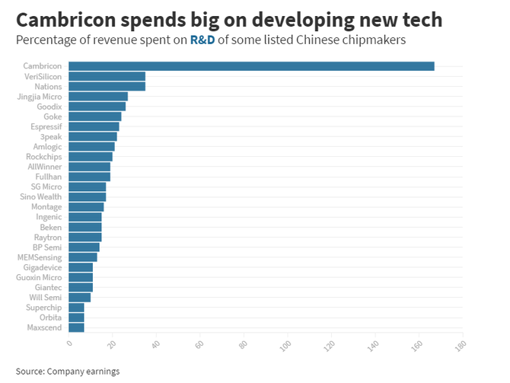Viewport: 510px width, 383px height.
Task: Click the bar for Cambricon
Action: click(251, 66)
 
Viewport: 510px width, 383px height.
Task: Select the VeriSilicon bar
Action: click(107, 76)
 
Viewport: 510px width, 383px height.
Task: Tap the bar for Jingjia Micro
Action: click(98, 97)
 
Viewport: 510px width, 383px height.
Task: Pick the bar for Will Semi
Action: click(79, 297)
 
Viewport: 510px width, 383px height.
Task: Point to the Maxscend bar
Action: click(76, 327)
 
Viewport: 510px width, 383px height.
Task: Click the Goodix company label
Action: click(49, 107)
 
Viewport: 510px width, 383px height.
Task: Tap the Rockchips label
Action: click(45, 156)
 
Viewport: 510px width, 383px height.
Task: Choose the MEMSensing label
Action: click(40, 257)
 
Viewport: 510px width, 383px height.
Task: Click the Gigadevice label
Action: click(42, 267)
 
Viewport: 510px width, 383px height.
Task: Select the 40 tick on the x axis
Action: click(155, 344)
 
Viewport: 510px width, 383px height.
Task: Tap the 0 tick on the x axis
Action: click(69, 343)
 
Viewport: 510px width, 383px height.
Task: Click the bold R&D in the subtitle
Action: click(202, 40)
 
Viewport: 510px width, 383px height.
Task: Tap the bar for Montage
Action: click(86, 207)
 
